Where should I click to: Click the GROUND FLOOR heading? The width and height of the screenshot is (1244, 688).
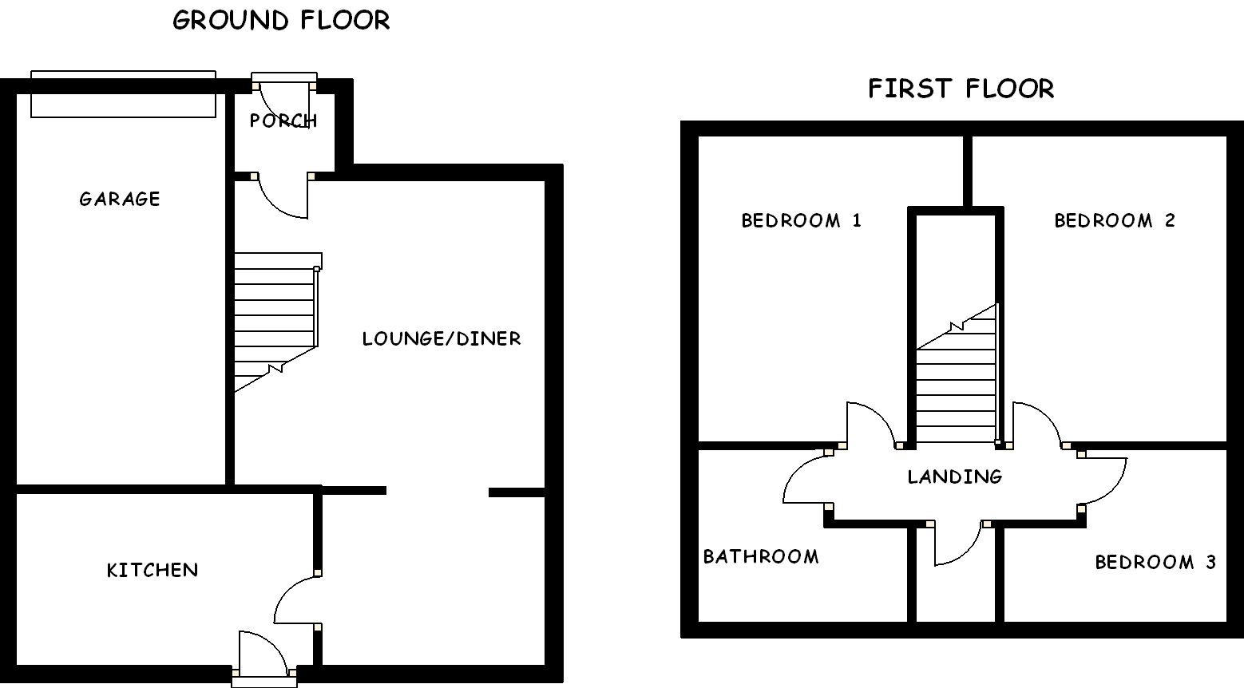pyautogui.click(x=281, y=20)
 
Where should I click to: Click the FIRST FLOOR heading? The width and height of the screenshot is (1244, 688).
pyautogui.click(x=961, y=88)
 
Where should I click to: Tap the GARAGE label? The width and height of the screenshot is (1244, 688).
pyautogui.click(x=120, y=199)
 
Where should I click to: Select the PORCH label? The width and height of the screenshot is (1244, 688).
pyautogui.click(x=283, y=121)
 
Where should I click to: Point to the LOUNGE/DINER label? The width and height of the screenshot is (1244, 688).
pyautogui.click(x=441, y=338)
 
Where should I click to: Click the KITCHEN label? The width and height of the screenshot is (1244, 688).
pyautogui.click(x=153, y=570)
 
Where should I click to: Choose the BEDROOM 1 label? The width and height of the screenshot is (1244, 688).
pyautogui.click(x=801, y=220)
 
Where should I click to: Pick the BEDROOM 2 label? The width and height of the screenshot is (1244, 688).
pyautogui.click(x=1115, y=220)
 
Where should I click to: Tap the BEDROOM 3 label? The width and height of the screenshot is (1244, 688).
pyautogui.click(x=1155, y=562)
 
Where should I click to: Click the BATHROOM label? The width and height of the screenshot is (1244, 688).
pyautogui.click(x=760, y=556)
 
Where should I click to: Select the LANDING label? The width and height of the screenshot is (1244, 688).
pyautogui.click(x=954, y=476)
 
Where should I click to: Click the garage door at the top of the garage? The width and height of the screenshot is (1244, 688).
pyautogui.click(x=123, y=94)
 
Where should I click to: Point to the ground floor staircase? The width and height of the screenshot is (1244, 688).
pyautogui.click(x=275, y=319)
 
